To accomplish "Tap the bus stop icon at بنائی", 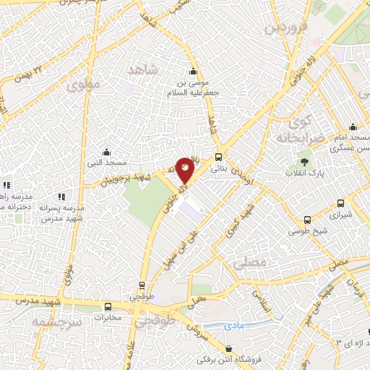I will tap(218, 156).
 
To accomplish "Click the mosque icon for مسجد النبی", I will tap(107, 152).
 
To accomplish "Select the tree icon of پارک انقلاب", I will tap(305, 161).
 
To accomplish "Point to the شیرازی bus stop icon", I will tap(309, 220).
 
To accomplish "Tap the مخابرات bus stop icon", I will tap(107, 306).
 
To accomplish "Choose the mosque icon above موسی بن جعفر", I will tap(193, 72).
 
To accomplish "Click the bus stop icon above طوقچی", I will tap(142, 285).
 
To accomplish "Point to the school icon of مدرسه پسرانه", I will tap(61, 195).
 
